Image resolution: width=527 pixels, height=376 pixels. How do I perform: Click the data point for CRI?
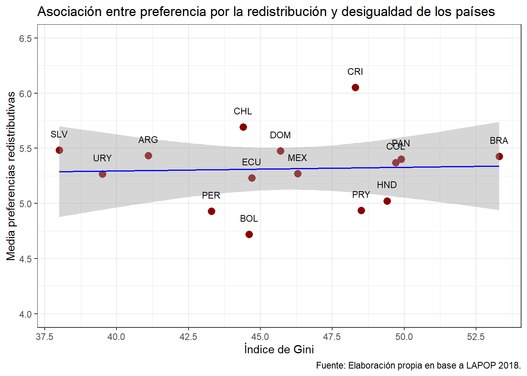coord(355,87)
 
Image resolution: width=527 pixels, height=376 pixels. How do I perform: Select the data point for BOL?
coord(249,234)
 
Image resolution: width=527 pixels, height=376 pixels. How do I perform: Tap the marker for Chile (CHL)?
coord(243,127)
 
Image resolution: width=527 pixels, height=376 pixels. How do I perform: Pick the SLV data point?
coord(59,150)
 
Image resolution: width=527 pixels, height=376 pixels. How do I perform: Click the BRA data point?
coord(499,156)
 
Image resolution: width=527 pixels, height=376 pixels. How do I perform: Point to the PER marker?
coord(211,211)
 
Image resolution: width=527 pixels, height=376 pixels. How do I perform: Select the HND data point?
coord(387,201)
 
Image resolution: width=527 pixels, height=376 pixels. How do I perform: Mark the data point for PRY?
coord(361,210)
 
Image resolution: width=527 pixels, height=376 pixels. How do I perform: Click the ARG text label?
coord(148,140)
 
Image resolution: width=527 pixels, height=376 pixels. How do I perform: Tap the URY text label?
coord(102,158)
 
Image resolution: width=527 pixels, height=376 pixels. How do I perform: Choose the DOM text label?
coord(280,135)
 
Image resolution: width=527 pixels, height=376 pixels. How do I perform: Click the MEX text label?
coord(297,158)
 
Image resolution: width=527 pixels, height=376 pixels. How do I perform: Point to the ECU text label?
coord(251,162)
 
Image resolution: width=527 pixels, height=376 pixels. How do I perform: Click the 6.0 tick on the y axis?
coord(25,94)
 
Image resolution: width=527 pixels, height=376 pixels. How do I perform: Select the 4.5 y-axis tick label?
coord(25,259)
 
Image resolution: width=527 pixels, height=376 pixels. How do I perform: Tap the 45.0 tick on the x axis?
coord(260,337)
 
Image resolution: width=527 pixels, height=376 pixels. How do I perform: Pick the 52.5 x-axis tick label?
coord(476,337)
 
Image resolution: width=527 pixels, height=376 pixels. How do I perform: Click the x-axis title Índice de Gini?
coord(279,349)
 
